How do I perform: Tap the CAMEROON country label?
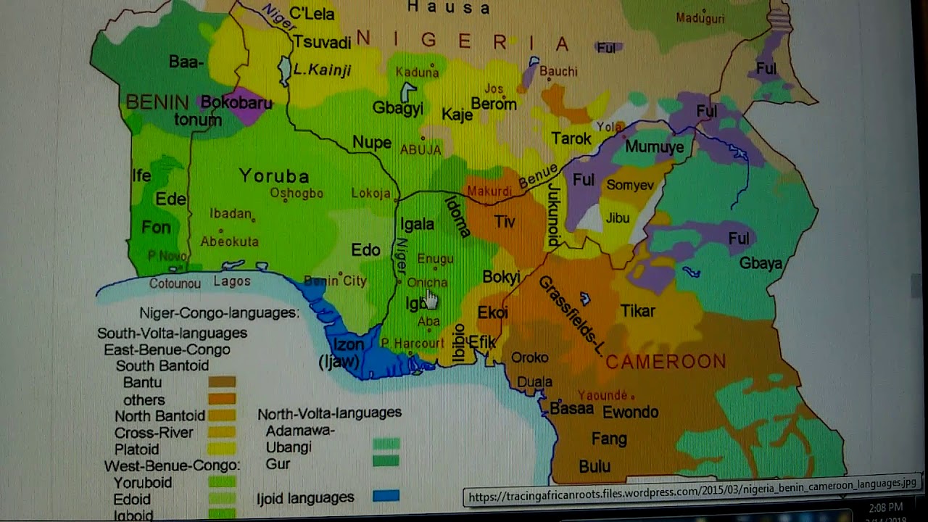pyautogui.click(x=666, y=362)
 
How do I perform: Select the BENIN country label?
pyautogui.click(x=157, y=102)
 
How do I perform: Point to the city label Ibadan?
pyautogui.click(x=230, y=214)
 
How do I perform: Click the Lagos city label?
pyautogui.click(x=232, y=282)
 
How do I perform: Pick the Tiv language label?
pyautogui.click(x=505, y=222)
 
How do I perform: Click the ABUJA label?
pyautogui.click(x=420, y=150)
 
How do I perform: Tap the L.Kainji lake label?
pyautogui.click(x=322, y=70)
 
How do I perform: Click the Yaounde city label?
pyautogui.click(x=602, y=395)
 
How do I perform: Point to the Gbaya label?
pyautogui.click(x=761, y=264)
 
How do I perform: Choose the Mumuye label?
pyautogui.click(x=654, y=147)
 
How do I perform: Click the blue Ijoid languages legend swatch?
pyautogui.click(x=386, y=497)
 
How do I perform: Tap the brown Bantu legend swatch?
pyautogui.click(x=222, y=382)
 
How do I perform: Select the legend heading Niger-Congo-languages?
pyautogui.click(x=219, y=313)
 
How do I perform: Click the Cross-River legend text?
pyautogui.click(x=154, y=433)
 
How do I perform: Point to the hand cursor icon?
pyautogui.click(x=432, y=299)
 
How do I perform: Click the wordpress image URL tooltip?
pyautogui.click(x=692, y=497)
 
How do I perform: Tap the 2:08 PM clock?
pyautogui.click(x=885, y=507)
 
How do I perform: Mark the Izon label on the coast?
pyautogui.click(x=348, y=345)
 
